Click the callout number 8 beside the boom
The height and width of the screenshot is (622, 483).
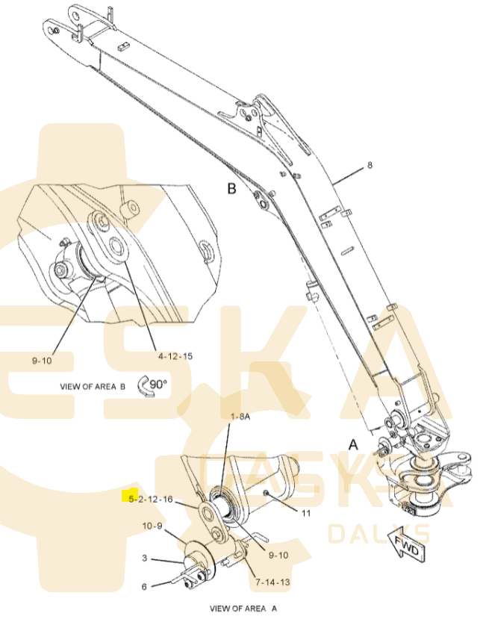[370, 164]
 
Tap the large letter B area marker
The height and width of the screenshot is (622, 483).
[232, 188]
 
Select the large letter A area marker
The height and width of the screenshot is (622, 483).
[353, 444]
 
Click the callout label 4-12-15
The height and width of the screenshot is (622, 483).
[175, 356]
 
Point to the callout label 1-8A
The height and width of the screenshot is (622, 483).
[240, 417]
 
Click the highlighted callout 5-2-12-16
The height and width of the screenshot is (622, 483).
[150, 499]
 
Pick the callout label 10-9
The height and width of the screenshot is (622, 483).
[152, 526]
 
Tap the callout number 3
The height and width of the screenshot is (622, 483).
[145, 558]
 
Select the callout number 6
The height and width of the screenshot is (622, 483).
[144, 586]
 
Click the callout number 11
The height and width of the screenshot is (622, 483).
[306, 513]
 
